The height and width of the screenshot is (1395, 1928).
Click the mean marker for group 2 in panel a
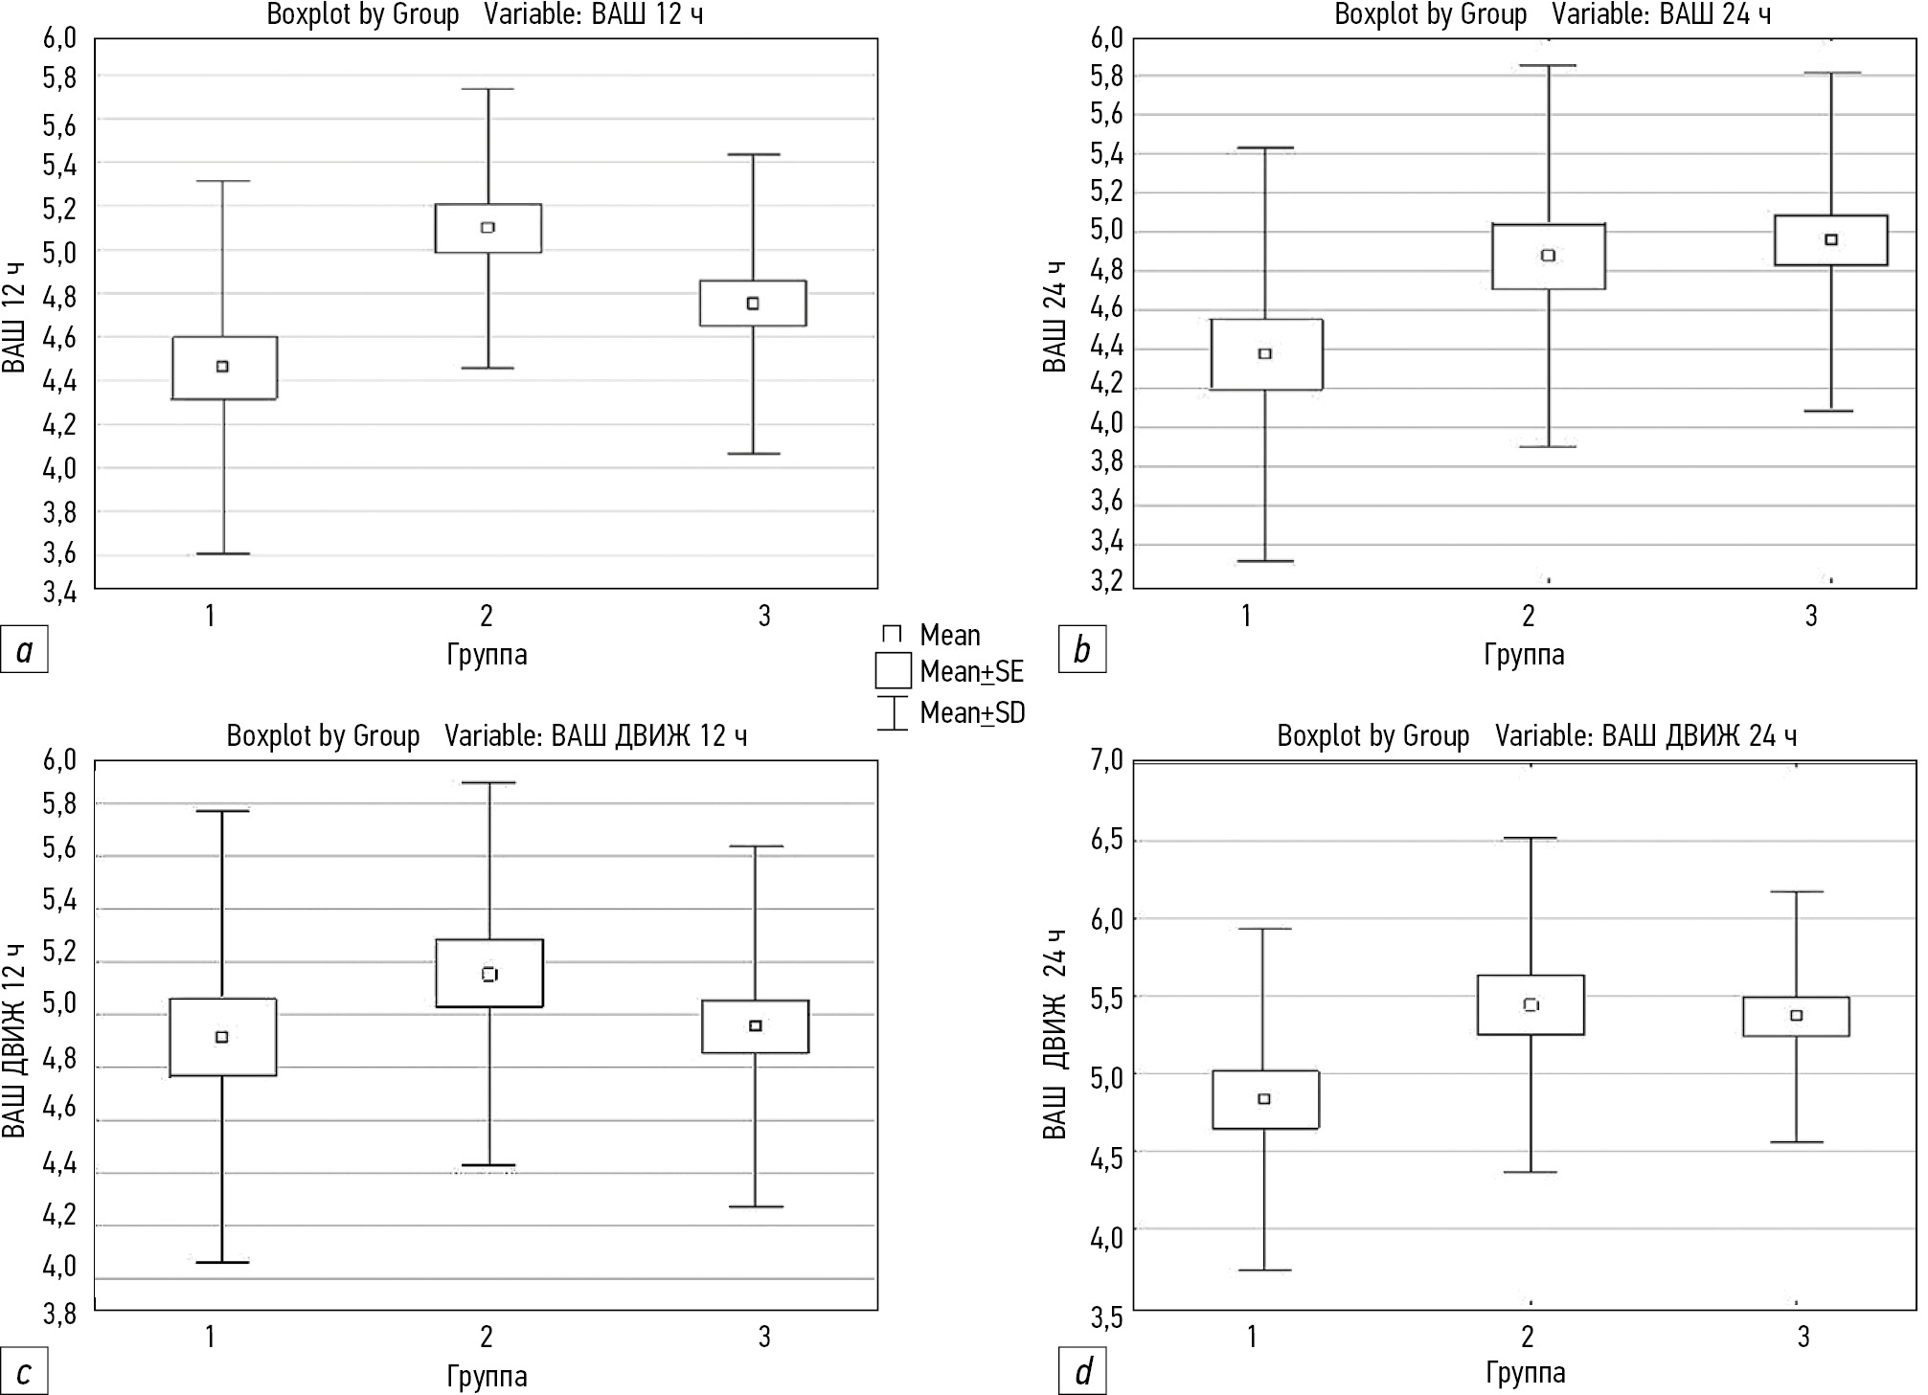click(488, 228)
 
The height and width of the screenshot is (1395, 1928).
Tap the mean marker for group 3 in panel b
click(1831, 239)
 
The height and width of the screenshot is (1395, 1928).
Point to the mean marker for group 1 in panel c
click(222, 1037)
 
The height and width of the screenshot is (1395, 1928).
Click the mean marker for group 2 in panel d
click(1531, 1004)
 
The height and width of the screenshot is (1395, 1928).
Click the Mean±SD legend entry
click(971, 712)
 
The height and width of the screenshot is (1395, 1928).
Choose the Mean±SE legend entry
click(971, 672)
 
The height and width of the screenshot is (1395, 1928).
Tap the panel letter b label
click(1082, 650)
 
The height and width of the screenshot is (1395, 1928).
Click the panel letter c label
click(24, 1372)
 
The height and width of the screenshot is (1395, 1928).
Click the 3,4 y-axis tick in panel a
click(59, 593)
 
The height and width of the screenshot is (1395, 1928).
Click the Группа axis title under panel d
click(1525, 1373)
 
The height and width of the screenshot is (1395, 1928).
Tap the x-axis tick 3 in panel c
click(763, 1337)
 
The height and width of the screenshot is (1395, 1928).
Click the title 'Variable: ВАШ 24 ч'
click(1661, 15)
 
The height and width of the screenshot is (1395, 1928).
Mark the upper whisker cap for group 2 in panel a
click(488, 89)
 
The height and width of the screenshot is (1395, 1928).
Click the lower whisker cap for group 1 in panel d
click(1265, 1270)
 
